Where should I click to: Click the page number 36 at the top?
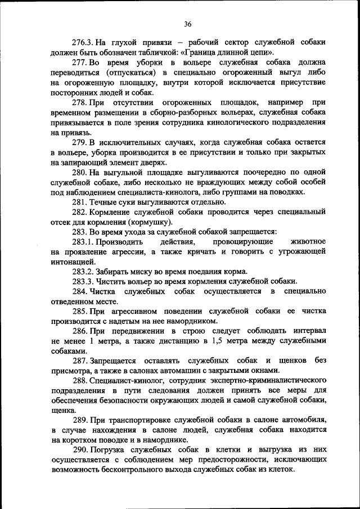(187, 24)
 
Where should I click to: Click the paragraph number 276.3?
(83, 43)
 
